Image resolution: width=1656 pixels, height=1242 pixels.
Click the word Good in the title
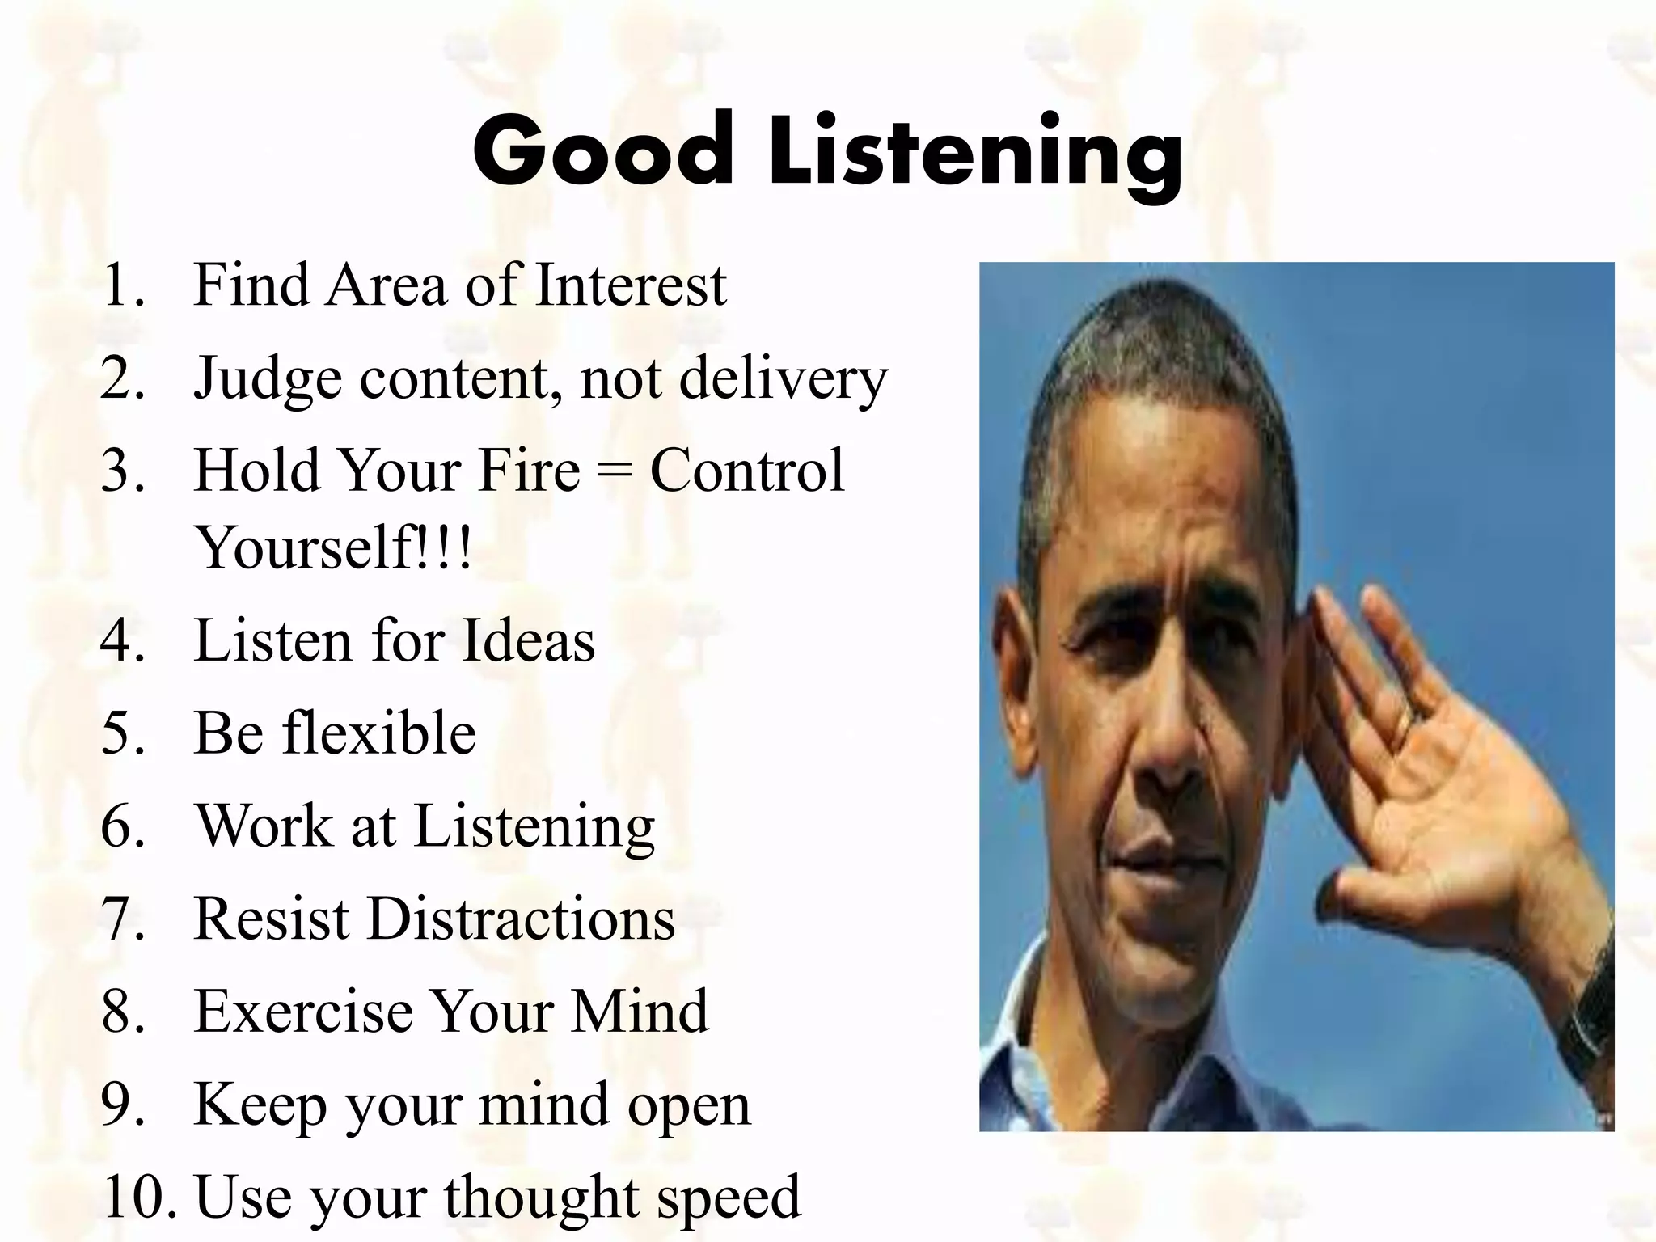pyautogui.click(x=602, y=152)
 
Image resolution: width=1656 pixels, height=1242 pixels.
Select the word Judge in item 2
pyautogui.click(x=268, y=378)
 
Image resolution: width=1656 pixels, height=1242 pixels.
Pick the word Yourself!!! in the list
pyautogui.click(x=332, y=547)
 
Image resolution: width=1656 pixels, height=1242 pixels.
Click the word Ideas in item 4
pyautogui.click(x=527, y=640)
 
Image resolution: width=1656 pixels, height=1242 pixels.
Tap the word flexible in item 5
pyautogui.click(x=378, y=733)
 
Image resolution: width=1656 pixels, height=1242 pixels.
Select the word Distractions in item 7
pyautogui.click(x=521, y=919)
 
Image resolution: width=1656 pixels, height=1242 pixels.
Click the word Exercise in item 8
pyautogui.click(x=302, y=1012)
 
